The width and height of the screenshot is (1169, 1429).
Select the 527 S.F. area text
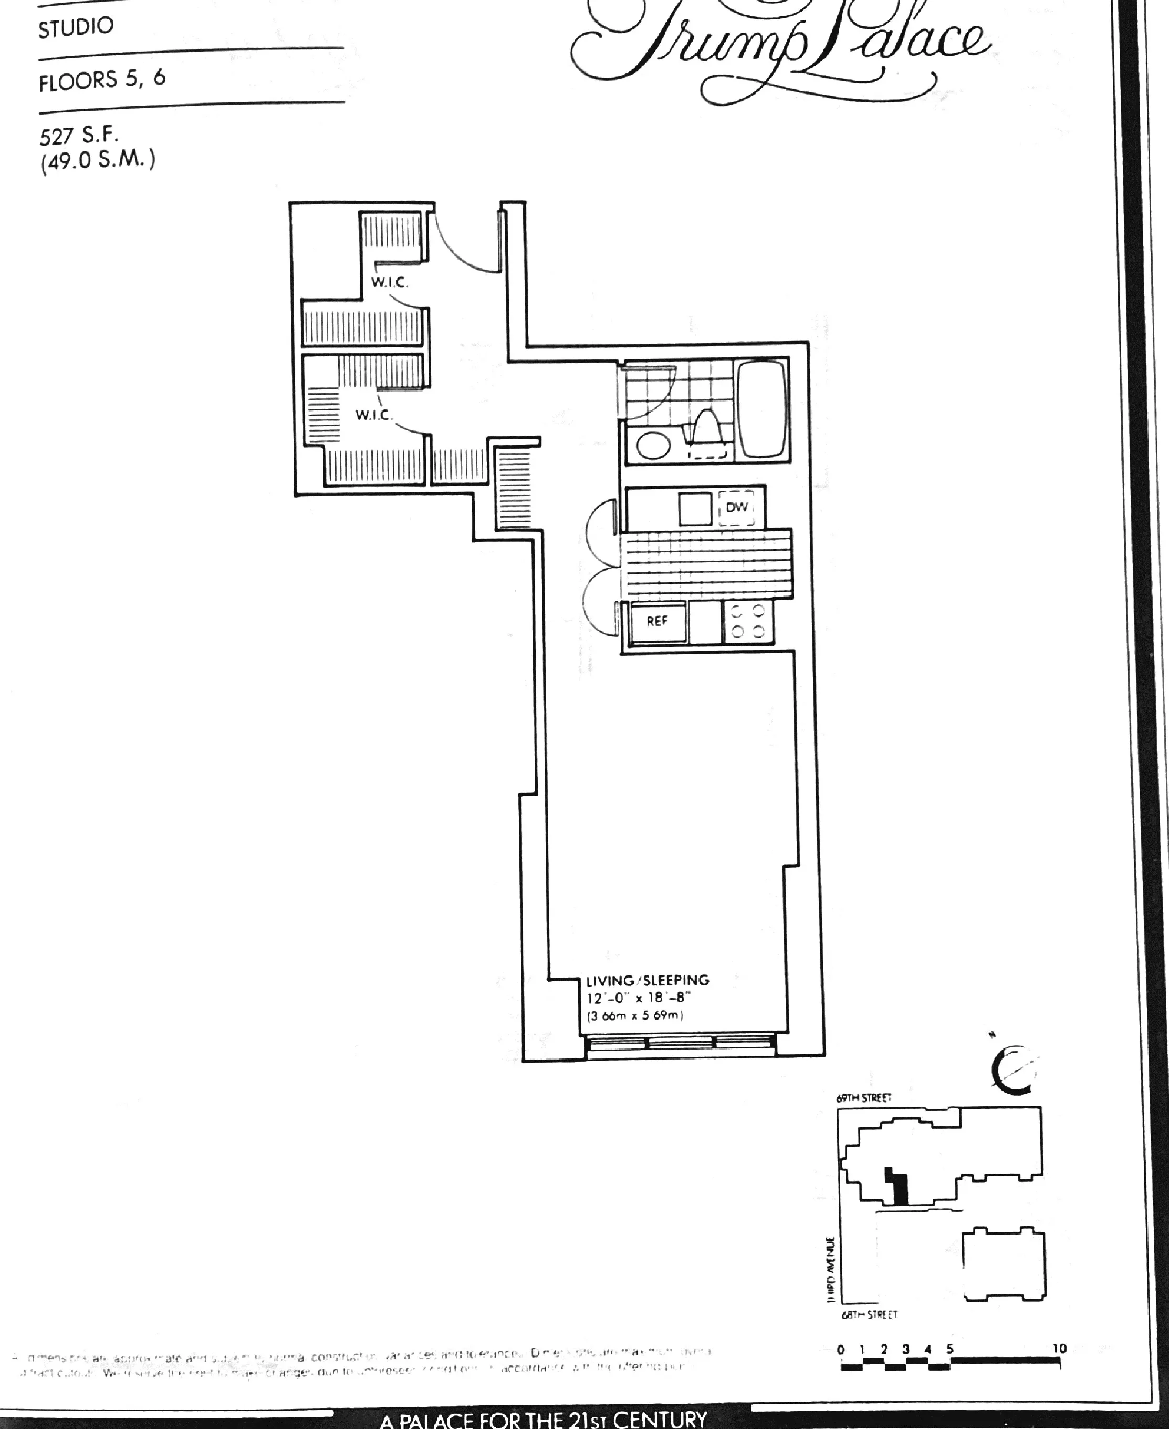[79, 136]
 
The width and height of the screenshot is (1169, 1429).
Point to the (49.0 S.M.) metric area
[97, 162]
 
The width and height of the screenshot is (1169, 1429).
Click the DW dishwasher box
[737, 507]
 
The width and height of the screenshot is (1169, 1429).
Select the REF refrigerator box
[657, 621]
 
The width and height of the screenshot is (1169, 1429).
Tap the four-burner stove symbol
[747, 621]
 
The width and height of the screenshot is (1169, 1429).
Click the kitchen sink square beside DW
[694, 508]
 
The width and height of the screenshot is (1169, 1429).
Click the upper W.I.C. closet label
[389, 282]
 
